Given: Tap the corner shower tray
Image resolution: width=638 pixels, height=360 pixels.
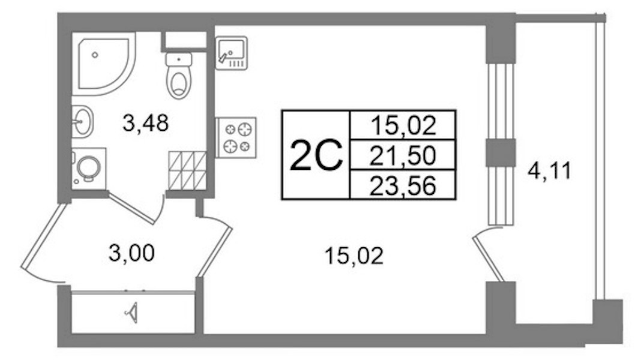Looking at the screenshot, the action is (104, 64).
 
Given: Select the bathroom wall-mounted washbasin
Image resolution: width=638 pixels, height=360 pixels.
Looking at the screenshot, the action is (83, 121).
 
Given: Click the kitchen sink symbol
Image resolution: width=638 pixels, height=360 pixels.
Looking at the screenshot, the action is (231, 53).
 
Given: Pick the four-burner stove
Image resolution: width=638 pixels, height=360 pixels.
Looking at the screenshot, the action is (236, 137).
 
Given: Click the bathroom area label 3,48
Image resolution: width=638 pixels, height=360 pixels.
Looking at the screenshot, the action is (146, 123).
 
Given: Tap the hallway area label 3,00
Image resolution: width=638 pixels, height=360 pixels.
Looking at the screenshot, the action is (131, 253).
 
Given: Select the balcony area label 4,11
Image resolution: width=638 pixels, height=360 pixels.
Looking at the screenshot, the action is (550, 171).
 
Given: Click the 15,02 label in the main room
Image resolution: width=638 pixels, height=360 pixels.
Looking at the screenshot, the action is (354, 256).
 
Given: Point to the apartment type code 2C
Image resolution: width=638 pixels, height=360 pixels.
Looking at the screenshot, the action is (316, 155).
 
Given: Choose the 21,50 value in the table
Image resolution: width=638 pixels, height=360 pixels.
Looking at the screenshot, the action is (402, 155).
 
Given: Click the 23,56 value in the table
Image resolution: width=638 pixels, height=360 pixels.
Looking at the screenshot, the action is (402, 186).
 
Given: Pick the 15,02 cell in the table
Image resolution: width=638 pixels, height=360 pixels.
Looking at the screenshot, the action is (403, 125).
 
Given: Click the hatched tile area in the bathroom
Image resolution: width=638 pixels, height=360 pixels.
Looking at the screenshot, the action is (188, 170).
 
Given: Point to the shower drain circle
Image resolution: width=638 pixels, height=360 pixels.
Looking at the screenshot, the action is (95, 55).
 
